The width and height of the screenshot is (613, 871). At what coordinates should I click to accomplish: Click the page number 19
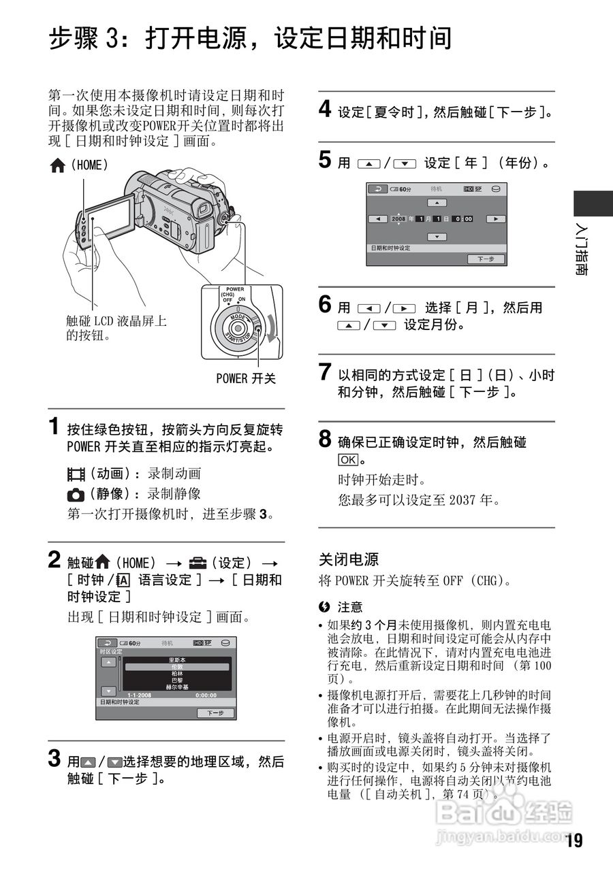click(x=573, y=841)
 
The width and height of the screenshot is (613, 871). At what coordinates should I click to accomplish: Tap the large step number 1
click(x=54, y=427)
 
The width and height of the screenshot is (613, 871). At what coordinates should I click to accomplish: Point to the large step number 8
click(x=326, y=439)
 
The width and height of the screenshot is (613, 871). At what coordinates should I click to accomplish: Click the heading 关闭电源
click(x=349, y=559)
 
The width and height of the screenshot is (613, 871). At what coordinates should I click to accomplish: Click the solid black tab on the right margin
click(x=593, y=204)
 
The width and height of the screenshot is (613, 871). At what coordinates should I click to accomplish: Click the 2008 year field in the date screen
click(x=398, y=218)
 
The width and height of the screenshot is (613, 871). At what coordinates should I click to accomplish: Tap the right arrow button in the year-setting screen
click(x=497, y=218)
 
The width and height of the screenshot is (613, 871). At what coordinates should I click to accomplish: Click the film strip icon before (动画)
click(x=75, y=474)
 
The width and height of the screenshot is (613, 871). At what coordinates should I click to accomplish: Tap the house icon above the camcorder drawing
click(x=57, y=165)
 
